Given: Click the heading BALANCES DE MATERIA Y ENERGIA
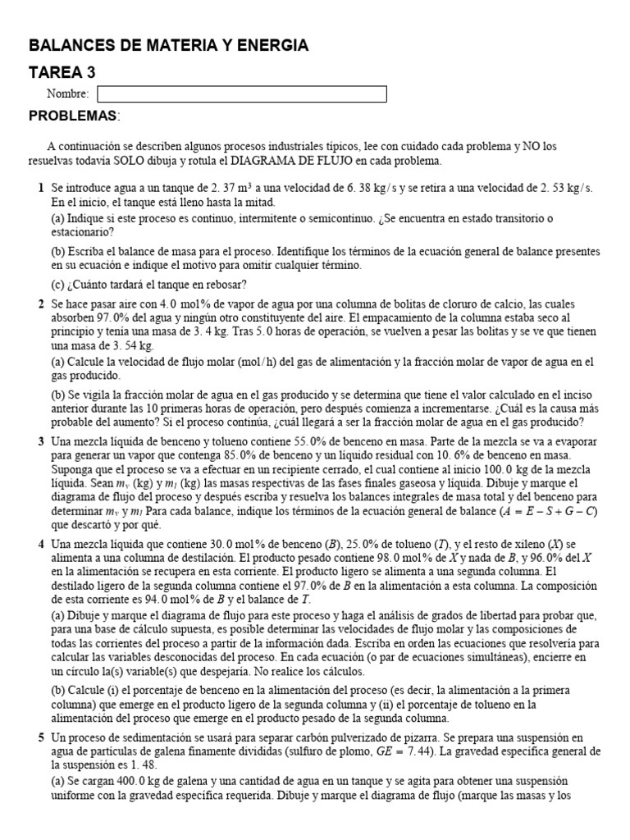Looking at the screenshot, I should pos(168,46).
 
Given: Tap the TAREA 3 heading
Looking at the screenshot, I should pos(62,73).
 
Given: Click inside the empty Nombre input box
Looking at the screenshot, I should pos(242,94).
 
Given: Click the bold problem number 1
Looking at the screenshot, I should pos(41,188).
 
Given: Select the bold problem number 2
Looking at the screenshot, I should pos(41,304).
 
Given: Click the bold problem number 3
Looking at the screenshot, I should pos(41,441).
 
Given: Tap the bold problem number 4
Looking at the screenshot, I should pos(41,545).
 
